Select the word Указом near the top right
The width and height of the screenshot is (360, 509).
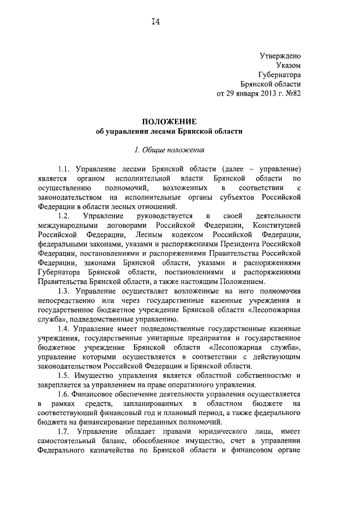click(289, 65)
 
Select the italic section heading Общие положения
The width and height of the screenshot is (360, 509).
click(173, 150)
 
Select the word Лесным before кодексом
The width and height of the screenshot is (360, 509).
click(149, 234)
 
